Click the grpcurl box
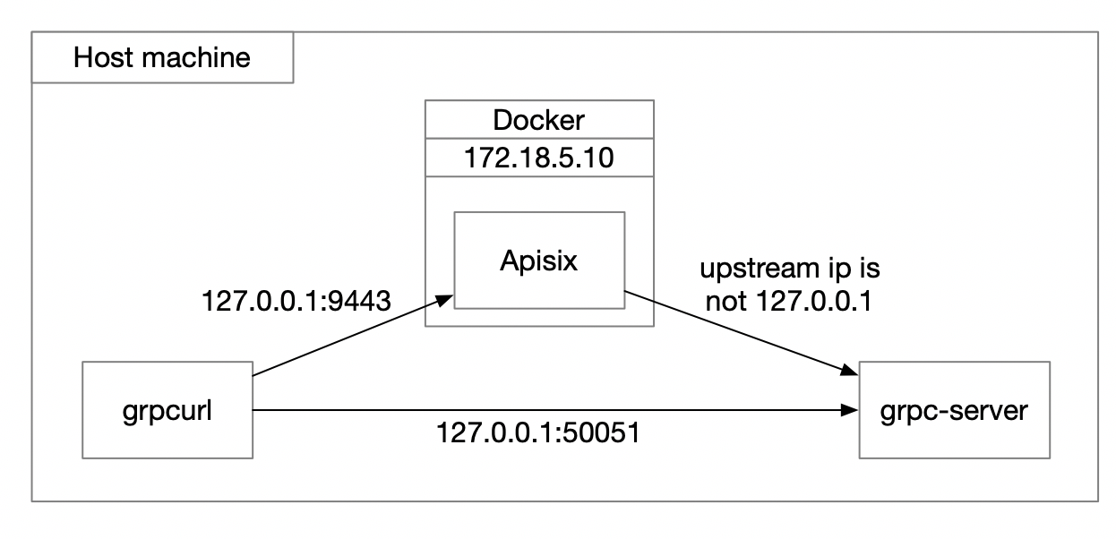pos(167,411)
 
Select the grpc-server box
pos(954,411)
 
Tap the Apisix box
pos(539,260)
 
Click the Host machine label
pos(162,59)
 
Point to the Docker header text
pos(539,121)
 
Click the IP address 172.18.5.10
pos(539,160)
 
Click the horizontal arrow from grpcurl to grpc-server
pos(555,411)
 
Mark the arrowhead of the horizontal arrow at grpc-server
pos(848,411)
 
